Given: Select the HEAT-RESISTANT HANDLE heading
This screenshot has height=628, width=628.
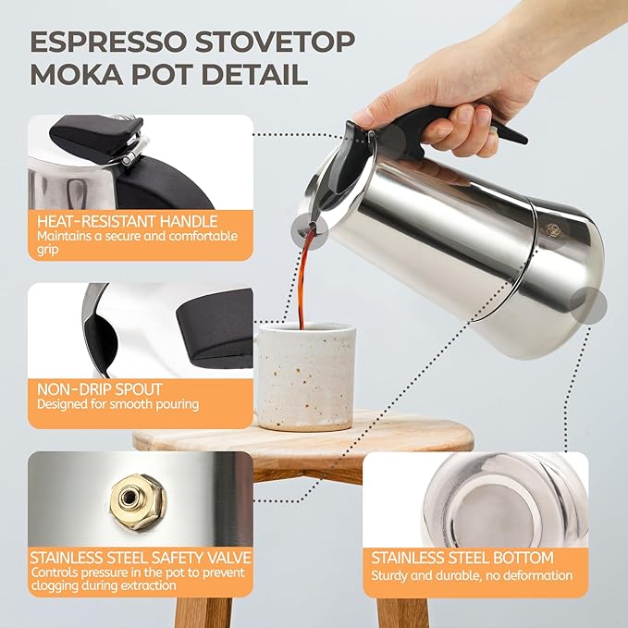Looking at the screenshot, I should (128, 222).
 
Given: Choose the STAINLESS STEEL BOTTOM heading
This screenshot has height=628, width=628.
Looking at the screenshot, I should (462, 558).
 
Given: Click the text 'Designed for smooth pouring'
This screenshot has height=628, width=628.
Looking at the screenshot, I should (118, 405).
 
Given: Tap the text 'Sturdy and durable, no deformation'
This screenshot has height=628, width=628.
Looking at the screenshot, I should (472, 575).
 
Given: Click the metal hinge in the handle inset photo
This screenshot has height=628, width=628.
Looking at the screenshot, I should (132, 148).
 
